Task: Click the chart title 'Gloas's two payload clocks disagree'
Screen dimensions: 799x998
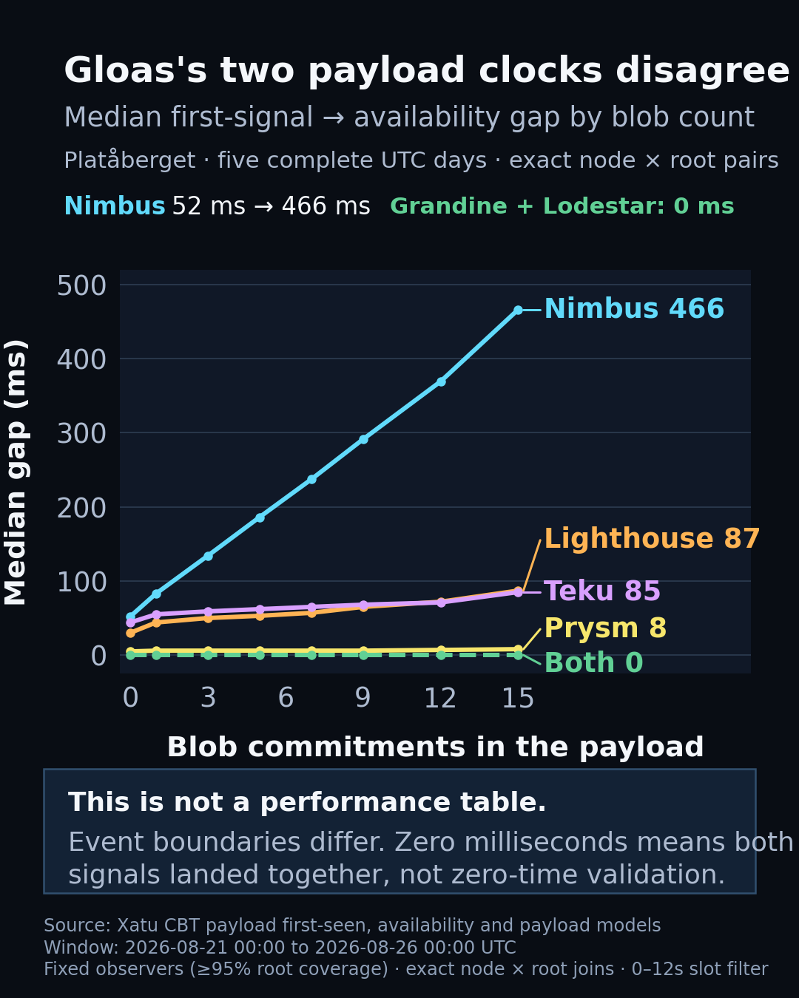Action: [427, 70]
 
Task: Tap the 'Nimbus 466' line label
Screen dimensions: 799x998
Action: [634, 309]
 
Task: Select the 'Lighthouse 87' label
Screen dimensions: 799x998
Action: [652, 538]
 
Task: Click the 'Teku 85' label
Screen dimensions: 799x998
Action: [602, 591]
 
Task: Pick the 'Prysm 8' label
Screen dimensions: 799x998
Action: [605, 628]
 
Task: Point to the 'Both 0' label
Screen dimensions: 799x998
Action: [594, 662]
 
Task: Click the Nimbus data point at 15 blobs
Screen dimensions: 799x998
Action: [518, 310]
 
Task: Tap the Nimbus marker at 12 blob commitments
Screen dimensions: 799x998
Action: [441, 381]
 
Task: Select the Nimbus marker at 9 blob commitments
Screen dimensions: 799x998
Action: [363, 439]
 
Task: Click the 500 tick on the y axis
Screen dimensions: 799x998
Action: [81, 285]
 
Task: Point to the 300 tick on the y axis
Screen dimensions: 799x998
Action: [81, 434]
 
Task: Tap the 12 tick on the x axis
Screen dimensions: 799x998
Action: [441, 697]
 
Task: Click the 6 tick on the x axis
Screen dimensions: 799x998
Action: [286, 697]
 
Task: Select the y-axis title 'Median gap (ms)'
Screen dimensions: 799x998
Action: [16, 472]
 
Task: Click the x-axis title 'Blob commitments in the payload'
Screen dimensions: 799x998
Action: [435, 747]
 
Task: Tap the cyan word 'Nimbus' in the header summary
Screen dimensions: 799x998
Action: [115, 206]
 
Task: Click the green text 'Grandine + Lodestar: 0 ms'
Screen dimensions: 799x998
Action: [562, 206]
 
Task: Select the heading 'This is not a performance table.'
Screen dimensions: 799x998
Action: [307, 802]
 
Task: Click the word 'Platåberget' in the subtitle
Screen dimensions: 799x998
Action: [129, 160]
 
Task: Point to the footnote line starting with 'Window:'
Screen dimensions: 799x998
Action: [280, 947]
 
